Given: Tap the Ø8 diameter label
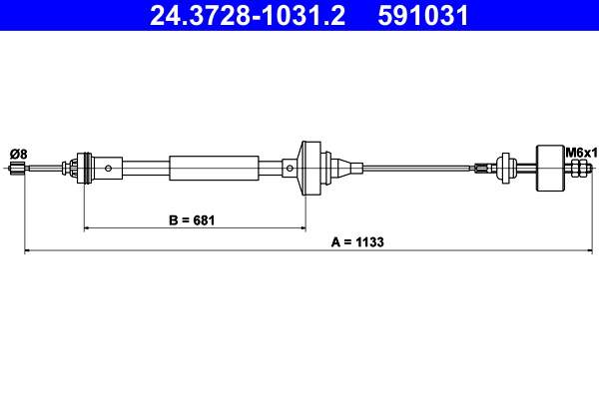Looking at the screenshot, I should point(19,153).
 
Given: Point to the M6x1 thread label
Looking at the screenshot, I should point(580,153).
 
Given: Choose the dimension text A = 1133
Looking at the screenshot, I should point(356,241).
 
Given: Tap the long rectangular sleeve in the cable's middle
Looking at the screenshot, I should point(214,168).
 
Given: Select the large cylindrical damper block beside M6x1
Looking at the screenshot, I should point(550,169).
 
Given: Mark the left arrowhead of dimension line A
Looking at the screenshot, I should point(28,251).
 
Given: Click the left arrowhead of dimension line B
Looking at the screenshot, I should point(89,228).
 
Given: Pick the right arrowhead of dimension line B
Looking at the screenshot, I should point(302,228).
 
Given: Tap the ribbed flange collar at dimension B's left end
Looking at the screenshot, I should point(84,168).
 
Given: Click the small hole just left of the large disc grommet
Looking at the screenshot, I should point(291,168).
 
